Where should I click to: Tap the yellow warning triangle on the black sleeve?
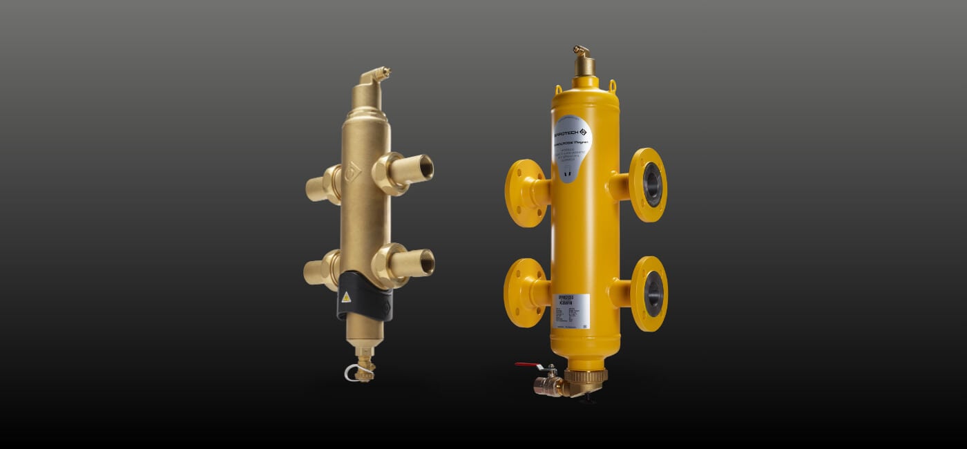pos(346,297)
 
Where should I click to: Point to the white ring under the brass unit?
pos(354,374)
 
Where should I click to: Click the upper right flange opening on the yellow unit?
pos(651,184)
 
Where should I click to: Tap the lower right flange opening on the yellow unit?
pos(652,294)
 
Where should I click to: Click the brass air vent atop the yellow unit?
pos(584,62)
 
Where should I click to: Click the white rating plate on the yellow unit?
pos(573,312)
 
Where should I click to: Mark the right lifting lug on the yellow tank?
pos(611,86)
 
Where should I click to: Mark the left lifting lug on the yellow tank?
pos(557,90)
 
